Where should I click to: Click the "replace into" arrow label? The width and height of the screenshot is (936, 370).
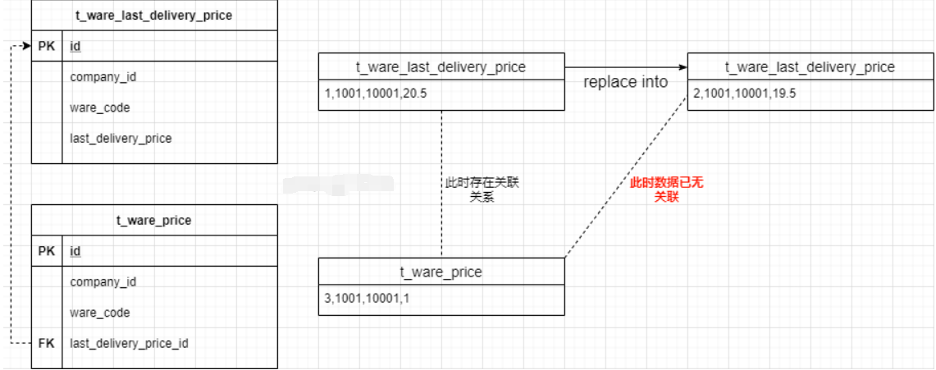point(626,82)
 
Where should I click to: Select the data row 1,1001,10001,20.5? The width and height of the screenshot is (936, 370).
point(377,94)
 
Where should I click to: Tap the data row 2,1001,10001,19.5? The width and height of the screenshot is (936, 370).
point(745,94)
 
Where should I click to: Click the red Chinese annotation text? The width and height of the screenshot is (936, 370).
point(666,190)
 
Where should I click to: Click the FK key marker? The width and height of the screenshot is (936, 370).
point(46,343)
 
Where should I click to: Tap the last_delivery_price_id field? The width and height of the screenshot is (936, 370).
point(129,343)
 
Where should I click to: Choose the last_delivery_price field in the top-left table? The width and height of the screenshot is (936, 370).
point(121,138)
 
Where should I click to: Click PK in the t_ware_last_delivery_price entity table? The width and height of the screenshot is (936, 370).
point(46,46)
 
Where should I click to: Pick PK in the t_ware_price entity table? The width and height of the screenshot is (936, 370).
point(46,251)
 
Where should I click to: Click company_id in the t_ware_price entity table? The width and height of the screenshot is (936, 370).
point(103,281)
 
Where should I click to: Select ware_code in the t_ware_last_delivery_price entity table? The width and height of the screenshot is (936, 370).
point(100,107)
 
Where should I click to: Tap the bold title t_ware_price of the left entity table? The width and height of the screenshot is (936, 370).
point(154,220)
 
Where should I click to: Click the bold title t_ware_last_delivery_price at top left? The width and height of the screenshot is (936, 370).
point(154,15)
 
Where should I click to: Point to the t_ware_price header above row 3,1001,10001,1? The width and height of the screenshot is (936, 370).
point(441,272)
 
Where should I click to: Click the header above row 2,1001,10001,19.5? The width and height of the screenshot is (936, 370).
point(810,66)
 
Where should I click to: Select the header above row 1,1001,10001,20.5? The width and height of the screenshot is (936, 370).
point(441,66)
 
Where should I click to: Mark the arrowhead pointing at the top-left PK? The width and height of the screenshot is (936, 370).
point(26,46)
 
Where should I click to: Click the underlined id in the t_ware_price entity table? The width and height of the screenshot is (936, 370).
point(75,251)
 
